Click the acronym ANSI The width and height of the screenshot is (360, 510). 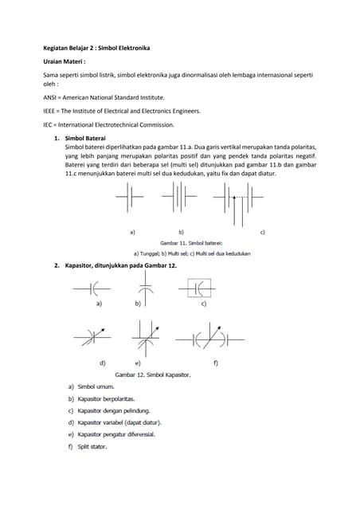point(51,95)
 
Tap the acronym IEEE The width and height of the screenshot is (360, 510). point(51,111)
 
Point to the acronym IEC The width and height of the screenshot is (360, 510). point(49,126)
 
